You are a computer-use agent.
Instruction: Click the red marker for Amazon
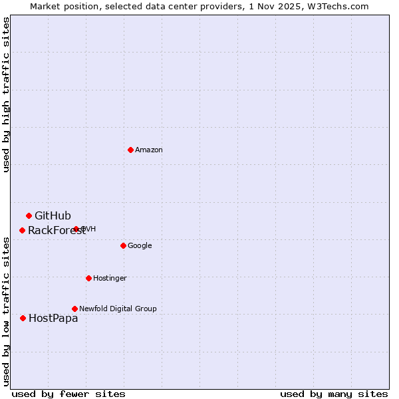(x=130, y=150)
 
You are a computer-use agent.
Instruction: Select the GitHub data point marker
(x=29, y=215)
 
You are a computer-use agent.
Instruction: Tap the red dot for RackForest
(x=22, y=230)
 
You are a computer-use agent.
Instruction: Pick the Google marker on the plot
(x=123, y=245)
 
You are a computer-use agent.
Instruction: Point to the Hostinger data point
(x=88, y=278)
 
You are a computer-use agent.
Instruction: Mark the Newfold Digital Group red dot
(x=74, y=309)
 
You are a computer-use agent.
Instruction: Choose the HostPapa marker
(x=23, y=318)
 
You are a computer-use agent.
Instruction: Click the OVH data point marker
(x=76, y=229)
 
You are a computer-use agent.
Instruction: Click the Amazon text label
(x=149, y=150)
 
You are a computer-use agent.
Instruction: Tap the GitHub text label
(x=53, y=215)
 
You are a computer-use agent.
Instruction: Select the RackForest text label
(x=57, y=231)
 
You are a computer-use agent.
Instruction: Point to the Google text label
(x=140, y=246)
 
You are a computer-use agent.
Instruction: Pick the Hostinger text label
(x=110, y=278)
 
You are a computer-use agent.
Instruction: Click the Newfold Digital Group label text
(x=118, y=309)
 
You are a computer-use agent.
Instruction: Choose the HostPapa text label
(x=53, y=319)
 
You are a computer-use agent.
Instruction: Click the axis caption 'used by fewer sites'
(x=68, y=394)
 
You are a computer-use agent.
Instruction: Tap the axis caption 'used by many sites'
(x=334, y=394)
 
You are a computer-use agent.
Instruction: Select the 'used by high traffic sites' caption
(x=7, y=94)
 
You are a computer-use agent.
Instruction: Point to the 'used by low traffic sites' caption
(x=7, y=311)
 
